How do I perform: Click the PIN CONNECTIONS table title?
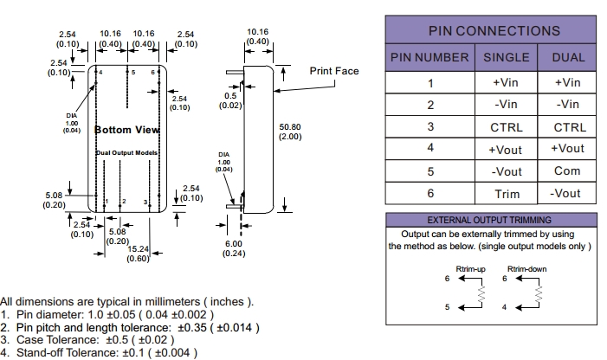[494, 30]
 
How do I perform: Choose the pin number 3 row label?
[429, 126]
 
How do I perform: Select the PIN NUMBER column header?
[429, 58]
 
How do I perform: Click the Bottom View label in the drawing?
[126, 130]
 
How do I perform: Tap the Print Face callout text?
[334, 71]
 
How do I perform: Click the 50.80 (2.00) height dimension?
[290, 132]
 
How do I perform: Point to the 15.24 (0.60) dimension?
[139, 253]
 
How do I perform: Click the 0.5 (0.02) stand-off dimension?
[230, 100]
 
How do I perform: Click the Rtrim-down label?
[526, 269]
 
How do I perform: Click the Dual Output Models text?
[126, 152]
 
